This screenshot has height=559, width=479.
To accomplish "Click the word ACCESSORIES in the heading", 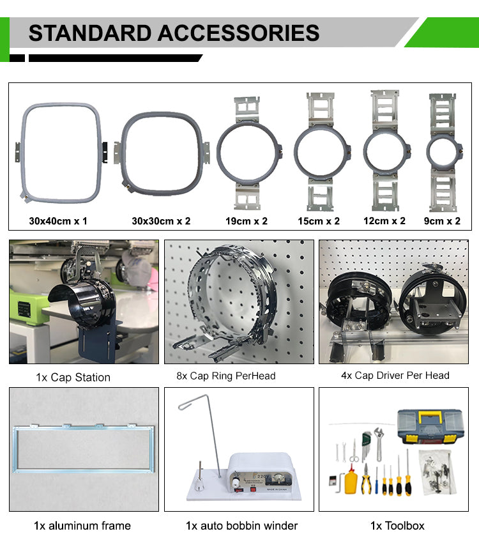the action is [x=238, y=33].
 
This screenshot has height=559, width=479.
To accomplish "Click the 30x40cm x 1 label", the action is [x=58, y=221].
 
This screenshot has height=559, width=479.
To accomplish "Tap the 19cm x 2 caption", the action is [x=247, y=221].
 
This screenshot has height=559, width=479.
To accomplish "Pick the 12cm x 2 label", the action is [x=384, y=221].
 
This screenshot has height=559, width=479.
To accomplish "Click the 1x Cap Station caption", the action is [x=73, y=377].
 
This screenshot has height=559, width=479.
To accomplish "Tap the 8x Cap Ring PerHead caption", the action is [x=226, y=376].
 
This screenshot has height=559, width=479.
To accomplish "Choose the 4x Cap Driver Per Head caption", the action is [x=395, y=375].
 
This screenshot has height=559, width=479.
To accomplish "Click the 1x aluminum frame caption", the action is [x=82, y=526].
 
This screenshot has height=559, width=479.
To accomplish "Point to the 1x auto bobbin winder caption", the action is [x=241, y=526].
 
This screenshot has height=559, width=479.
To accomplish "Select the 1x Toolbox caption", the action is [x=397, y=526].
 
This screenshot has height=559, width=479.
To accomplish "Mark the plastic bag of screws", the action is [x=437, y=472].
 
